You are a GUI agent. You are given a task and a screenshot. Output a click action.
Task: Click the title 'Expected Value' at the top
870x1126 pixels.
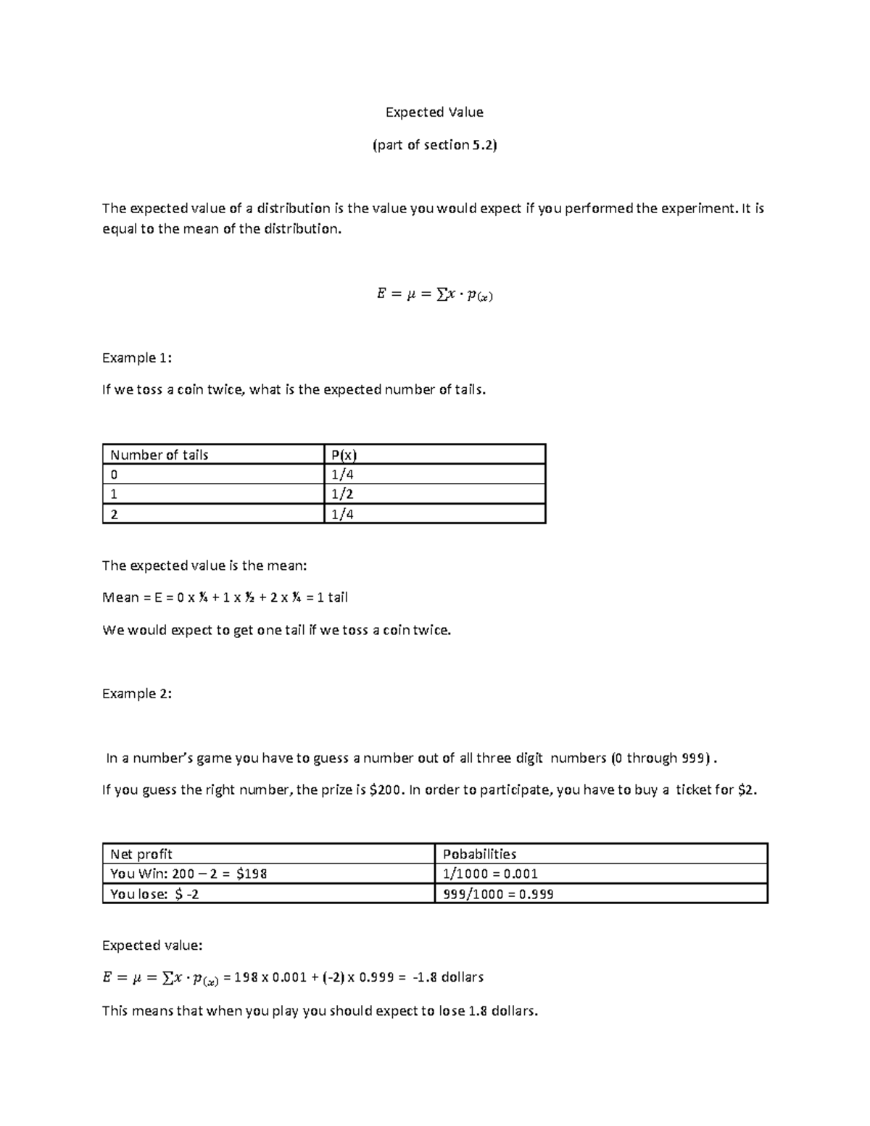point(434,112)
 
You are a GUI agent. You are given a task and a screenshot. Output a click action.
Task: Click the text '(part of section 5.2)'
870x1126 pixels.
point(434,145)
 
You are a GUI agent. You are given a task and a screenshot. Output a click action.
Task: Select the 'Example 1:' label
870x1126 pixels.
point(137,357)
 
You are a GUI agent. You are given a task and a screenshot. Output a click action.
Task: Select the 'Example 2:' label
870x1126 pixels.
point(137,693)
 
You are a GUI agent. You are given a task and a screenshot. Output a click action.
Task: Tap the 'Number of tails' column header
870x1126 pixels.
point(159,455)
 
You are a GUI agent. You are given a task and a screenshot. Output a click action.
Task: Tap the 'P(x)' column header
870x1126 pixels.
point(344,455)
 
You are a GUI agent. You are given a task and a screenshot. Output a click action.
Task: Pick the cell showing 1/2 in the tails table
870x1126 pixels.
point(342,494)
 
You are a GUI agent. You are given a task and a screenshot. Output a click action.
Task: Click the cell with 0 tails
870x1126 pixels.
point(114,475)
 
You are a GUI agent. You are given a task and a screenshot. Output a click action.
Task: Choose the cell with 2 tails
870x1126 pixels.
point(114,514)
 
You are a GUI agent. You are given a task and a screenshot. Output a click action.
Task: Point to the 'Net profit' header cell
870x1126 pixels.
point(141,854)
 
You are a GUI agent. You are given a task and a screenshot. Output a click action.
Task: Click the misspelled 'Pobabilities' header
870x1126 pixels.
point(479,854)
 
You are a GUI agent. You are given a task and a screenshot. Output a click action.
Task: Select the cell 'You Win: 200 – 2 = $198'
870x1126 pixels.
point(188,874)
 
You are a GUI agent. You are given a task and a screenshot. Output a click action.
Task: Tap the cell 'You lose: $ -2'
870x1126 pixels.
point(154,894)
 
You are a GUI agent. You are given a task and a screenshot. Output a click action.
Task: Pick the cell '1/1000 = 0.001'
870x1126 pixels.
point(490,874)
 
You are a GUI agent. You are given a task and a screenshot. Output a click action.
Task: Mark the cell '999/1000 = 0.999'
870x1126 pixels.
point(498,894)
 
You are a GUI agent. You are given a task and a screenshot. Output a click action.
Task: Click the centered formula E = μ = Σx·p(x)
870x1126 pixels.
point(434,294)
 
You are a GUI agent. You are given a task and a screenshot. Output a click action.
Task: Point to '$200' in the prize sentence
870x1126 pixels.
point(385,790)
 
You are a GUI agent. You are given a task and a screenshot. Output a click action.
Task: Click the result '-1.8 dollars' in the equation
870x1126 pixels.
point(447,977)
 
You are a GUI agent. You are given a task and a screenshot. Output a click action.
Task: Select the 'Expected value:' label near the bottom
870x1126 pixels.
point(152,945)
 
